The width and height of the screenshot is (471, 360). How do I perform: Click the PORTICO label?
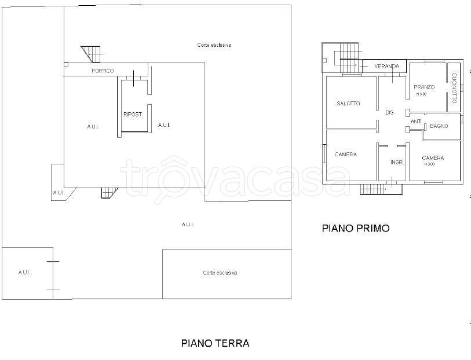103,71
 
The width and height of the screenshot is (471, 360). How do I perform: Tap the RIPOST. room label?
133,115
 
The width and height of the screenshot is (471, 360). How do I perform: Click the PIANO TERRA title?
216,343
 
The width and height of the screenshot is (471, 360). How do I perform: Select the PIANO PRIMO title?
356,228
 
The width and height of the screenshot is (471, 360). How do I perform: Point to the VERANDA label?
386,67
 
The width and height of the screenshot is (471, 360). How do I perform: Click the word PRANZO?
424,87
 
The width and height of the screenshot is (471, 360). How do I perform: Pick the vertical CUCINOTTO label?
455,87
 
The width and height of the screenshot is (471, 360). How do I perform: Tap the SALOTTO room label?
348,104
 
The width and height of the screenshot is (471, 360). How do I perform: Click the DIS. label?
389,112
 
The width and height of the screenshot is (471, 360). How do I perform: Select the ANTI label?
416,122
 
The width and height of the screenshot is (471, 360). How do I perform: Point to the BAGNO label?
439,126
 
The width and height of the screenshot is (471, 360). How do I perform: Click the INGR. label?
397,162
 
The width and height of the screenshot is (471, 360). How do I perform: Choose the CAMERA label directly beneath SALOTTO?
346,155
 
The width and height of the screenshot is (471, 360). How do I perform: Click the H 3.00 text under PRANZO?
421,94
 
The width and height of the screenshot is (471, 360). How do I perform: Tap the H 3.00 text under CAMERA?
430,164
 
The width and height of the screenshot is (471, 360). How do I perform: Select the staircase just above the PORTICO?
91,53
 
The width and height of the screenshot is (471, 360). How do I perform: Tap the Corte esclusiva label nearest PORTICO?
214,45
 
